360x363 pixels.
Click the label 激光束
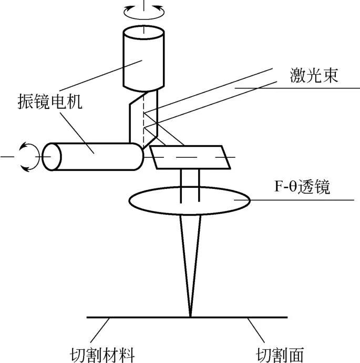coord(314,75)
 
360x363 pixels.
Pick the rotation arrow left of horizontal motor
coord(25,157)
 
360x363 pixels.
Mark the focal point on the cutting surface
coord(189,317)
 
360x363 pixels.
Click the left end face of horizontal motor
coord(52,157)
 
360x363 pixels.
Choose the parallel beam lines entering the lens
coord(190,181)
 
